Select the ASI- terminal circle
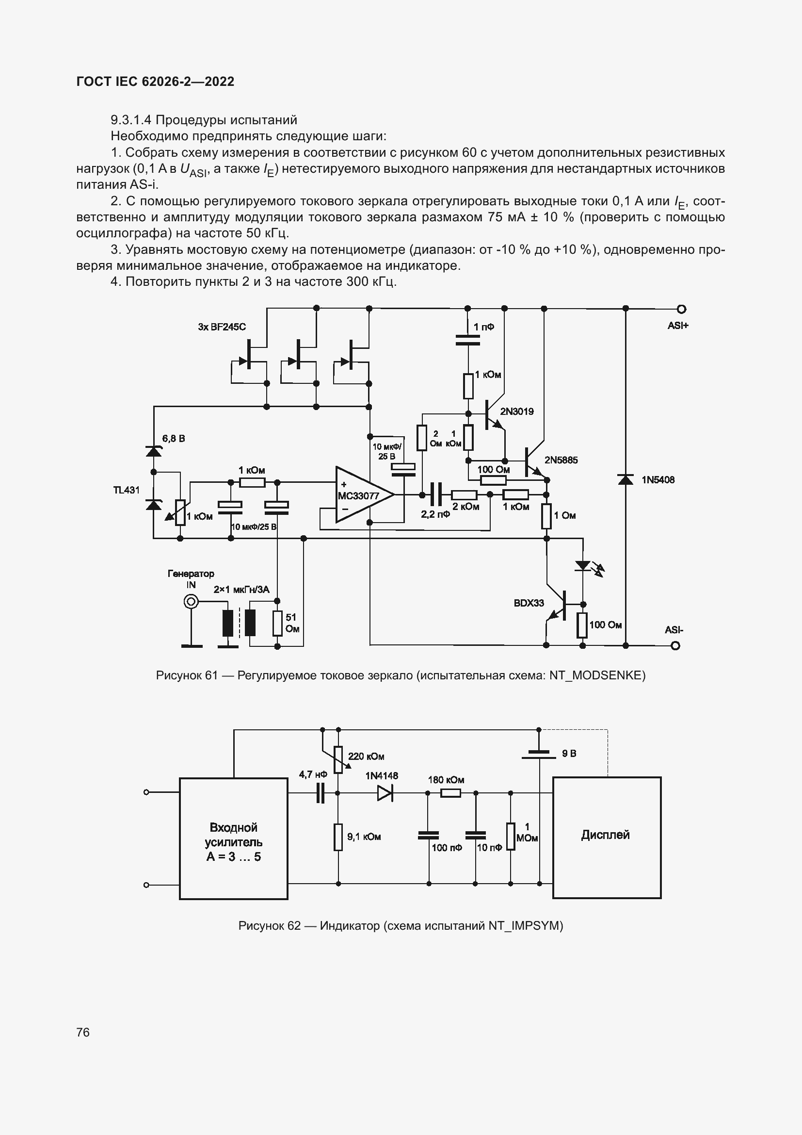click(675, 645)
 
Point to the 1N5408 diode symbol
click(625, 479)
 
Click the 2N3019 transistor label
click(516, 411)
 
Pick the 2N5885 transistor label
click(561, 460)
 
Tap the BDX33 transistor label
click(529, 603)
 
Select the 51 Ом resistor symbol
click(277, 624)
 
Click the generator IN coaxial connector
click(191, 602)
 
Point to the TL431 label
click(127, 490)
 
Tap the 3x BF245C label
click(222, 327)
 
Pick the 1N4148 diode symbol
click(385, 793)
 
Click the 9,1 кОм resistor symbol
click(338, 837)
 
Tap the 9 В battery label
click(569, 754)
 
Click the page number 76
click(83, 1032)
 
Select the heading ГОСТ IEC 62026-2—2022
click(155, 82)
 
